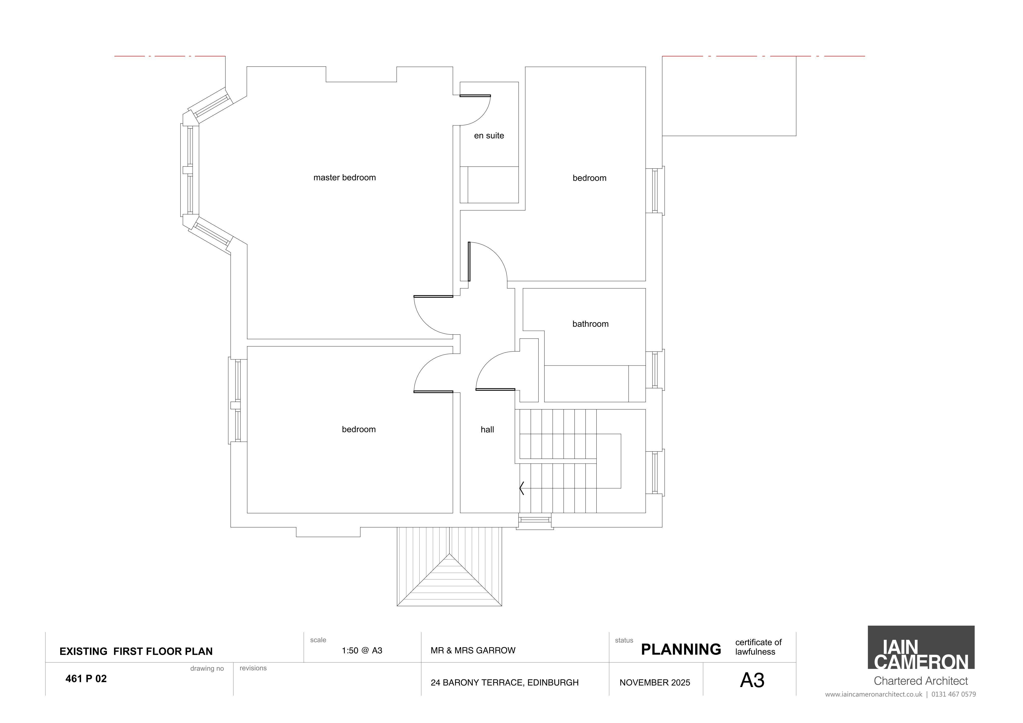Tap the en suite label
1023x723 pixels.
pyautogui.click(x=489, y=135)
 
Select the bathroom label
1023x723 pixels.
pyautogui.click(x=590, y=324)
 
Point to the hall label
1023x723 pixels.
pyautogui.click(x=487, y=429)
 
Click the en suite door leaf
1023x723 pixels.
pyautogui.click(x=475, y=95)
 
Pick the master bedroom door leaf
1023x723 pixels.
pyautogui.click(x=433, y=296)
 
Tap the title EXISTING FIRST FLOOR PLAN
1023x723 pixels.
pyautogui.click(x=136, y=651)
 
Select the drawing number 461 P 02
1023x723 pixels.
pyautogui.click(x=86, y=679)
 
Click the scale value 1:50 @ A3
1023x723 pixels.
pyautogui.click(x=362, y=650)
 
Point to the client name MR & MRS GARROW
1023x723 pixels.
pyautogui.click(x=473, y=650)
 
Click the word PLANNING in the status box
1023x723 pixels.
pyautogui.click(x=681, y=650)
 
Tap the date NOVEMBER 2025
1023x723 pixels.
pyautogui.click(x=655, y=683)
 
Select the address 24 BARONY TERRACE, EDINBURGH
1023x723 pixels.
pyautogui.click(x=504, y=683)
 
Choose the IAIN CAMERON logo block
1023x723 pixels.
pyautogui.click(x=921, y=647)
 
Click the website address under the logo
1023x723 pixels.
pyautogui.click(x=900, y=694)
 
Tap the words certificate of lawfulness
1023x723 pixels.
pyautogui.click(x=758, y=647)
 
